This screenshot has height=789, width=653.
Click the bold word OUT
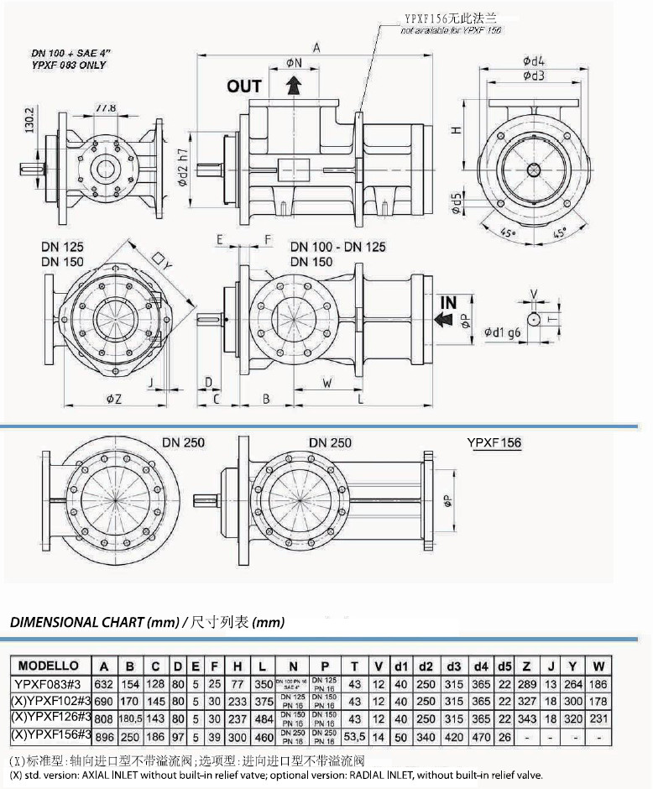(244, 86)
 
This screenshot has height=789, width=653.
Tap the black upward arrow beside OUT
(293, 86)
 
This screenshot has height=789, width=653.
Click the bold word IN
(448, 302)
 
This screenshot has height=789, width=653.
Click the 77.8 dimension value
(106, 109)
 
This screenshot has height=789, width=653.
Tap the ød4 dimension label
(534, 60)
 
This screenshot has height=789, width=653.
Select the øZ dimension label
(114, 398)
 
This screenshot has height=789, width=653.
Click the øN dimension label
(293, 63)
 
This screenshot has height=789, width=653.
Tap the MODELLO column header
(49, 666)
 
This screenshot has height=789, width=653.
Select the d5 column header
(504, 666)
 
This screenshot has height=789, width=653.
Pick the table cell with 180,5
(129, 718)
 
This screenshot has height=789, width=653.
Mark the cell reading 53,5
(355, 734)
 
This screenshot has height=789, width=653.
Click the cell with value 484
(265, 718)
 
